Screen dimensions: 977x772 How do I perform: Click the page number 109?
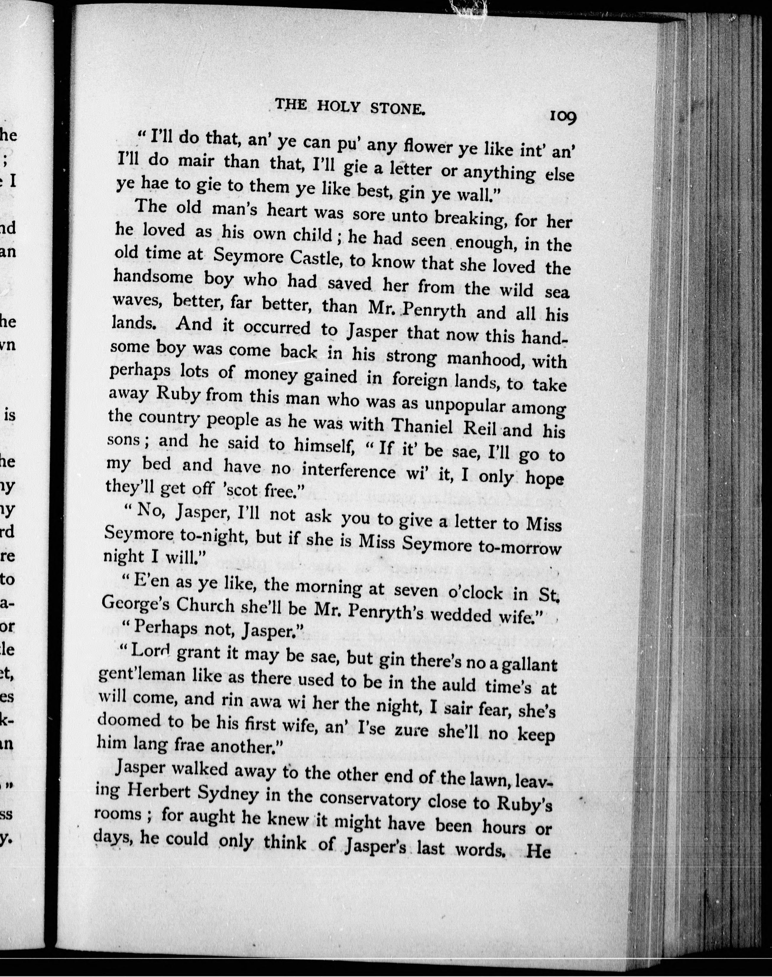(563, 117)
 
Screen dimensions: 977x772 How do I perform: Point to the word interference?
(348, 471)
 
